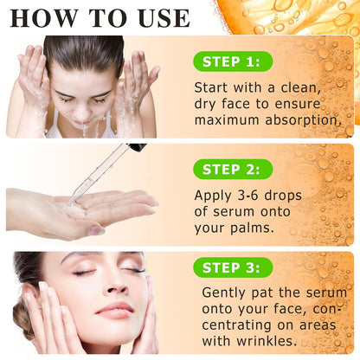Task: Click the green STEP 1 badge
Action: [x=231, y=61]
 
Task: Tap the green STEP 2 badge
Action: [x=231, y=169]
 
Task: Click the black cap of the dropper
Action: [x=136, y=147]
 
